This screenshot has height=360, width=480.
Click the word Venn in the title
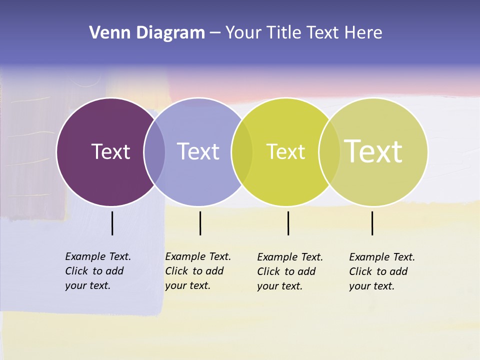(104, 33)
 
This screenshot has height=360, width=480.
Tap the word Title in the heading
(283, 33)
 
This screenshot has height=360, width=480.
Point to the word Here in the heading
(363, 33)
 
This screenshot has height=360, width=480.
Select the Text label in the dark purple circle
(110, 151)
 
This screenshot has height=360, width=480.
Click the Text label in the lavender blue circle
(198, 151)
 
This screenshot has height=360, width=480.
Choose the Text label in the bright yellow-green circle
(285, 152)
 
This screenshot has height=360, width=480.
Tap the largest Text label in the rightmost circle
(373, 151)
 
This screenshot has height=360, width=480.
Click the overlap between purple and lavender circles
(154, 151)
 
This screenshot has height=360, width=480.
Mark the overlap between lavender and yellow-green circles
(242, 151)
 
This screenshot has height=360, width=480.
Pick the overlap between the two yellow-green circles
(329, 151)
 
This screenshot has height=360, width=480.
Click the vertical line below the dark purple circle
(112, 223)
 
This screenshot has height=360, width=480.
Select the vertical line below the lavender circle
(200, 223)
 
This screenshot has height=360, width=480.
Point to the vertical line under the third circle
(288, 223)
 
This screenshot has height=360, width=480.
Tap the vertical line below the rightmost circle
(372, 223)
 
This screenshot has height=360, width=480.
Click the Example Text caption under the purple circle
(98, 271)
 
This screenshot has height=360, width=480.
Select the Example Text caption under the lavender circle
(198, 271)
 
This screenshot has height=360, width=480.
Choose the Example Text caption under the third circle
(290, 271)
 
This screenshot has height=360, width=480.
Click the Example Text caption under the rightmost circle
(382, 271)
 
